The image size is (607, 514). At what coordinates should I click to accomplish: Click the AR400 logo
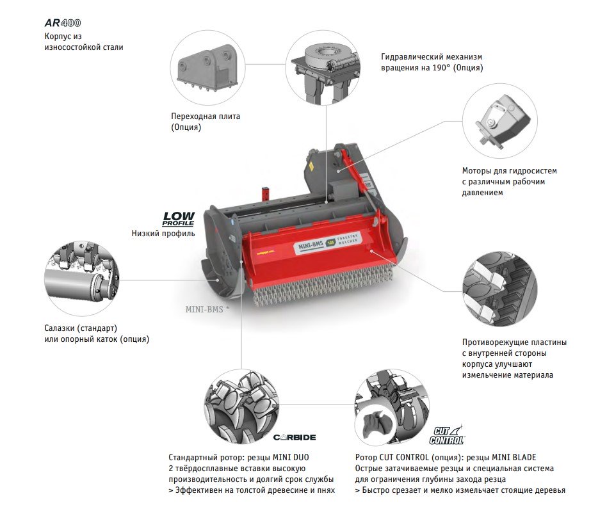pos(63,23)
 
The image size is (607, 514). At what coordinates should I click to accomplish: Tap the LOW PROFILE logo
pos(178,219)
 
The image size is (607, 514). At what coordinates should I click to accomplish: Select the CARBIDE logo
pos(295,437)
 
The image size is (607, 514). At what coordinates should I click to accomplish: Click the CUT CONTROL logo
pos(446,435)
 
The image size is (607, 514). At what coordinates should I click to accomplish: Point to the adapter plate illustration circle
pos(208,68)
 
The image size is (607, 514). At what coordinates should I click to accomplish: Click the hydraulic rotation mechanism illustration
pos(323,68)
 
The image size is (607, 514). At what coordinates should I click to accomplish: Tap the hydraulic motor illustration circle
pos(500,121)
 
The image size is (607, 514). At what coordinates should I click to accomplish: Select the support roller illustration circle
pos(82,278)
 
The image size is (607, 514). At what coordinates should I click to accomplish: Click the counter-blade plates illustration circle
pos(500,289)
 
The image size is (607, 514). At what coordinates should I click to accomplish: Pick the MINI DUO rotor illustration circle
pos(241,407)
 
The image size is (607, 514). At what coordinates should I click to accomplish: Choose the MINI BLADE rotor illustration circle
pos(392,407)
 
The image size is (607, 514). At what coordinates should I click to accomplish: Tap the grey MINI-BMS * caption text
pos(207,309)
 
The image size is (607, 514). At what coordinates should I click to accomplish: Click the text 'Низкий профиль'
pos(163,234)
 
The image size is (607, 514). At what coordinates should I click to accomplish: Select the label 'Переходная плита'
pos(206,116)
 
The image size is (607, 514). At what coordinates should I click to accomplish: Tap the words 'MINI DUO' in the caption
pos(291,458)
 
